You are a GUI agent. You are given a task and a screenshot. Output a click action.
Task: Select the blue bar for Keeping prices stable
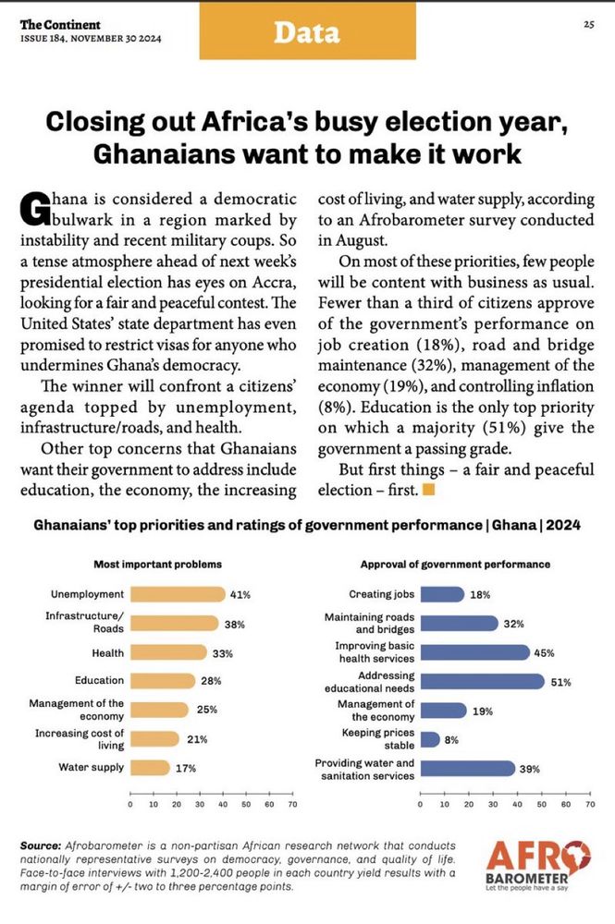(430, 739)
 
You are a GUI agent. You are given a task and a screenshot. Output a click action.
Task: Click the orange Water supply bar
(150, 767)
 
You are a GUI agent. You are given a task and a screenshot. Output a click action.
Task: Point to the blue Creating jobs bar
(442, 594)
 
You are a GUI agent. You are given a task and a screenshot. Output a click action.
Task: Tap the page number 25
(588, 24)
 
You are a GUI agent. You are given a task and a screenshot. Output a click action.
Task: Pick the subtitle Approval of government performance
(455, 564)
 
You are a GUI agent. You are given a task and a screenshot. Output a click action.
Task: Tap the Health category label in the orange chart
(108, 652)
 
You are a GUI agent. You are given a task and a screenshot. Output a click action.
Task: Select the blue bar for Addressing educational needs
(482, 681)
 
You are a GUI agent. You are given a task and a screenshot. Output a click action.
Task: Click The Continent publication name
(60, 23)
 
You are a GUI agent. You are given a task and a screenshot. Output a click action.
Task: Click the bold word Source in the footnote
(39, 846)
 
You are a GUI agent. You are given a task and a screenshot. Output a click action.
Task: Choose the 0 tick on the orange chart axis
(130, 806)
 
